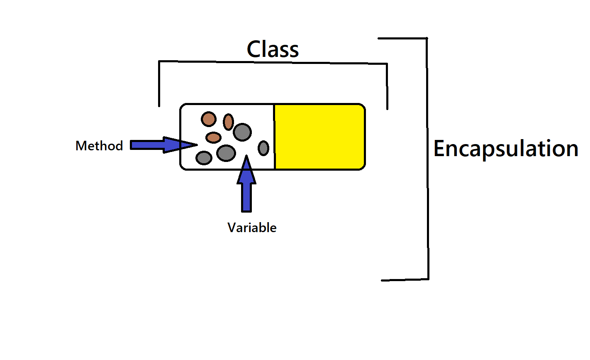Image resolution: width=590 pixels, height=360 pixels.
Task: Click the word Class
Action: click(x=273, y=49)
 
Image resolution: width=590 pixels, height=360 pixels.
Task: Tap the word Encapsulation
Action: click(x=505, y=149)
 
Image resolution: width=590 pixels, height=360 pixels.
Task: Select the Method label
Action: click(x=99, y=146)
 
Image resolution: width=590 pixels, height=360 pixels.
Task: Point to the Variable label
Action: click(x=252, y=228)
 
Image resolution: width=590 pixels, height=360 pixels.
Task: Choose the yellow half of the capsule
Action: click(x=319, y=137)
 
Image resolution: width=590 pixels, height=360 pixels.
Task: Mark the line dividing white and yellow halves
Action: click(x=274, y=137)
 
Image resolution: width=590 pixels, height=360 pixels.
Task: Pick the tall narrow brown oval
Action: click(x=228, y=122)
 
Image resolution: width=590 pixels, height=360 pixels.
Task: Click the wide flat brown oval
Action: click(x=214, y=137)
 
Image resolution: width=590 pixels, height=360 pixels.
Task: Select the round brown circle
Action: click(x=209, y=119)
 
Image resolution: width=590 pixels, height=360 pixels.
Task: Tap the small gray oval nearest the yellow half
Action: click(x=263, y=148)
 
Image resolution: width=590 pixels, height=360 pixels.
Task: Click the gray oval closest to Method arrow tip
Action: click(x=204, y=158)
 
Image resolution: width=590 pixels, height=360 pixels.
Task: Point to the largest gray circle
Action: click(x=242, y=132)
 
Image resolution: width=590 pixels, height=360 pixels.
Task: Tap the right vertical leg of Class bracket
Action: click(x=387, y=87)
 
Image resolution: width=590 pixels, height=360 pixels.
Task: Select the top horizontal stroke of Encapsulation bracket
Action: click(x=402, y=39)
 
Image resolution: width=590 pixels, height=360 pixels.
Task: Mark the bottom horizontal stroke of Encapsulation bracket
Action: click(x=405, y=279)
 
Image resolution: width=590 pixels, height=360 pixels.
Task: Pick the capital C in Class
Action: click(x=254, y=49)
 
